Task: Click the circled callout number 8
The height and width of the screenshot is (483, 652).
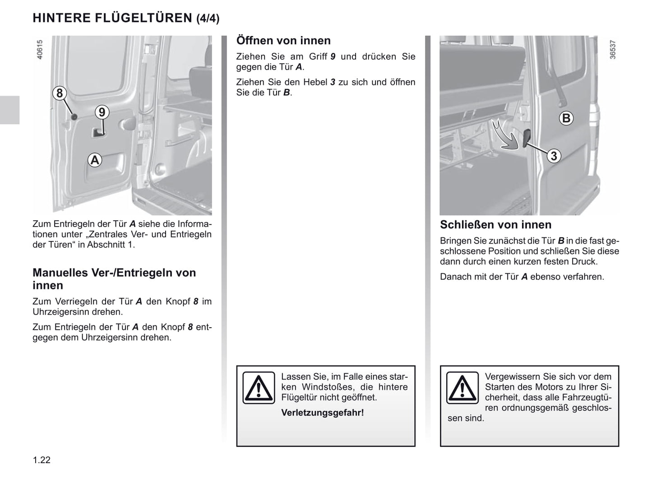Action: [59, 93]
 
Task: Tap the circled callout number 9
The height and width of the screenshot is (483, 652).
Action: [102, 112]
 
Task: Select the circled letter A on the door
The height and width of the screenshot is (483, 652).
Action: [95, 160]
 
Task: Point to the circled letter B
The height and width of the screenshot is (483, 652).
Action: [566, 118]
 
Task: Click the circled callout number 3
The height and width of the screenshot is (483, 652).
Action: [554, 156]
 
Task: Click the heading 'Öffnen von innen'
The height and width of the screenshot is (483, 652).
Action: [283, 41]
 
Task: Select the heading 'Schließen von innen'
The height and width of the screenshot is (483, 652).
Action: [495, 225]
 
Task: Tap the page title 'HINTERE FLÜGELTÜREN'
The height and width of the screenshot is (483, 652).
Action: [112, 18]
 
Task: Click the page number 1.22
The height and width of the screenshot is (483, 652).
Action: [42, 460]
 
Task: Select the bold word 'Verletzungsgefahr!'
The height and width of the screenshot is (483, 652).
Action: [322, 413]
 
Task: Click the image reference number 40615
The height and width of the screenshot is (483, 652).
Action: [40, 49]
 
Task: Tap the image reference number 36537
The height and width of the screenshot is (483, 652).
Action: [612, 49]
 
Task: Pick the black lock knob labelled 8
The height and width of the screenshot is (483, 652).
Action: [74, 117]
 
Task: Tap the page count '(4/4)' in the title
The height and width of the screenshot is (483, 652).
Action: [208, 19]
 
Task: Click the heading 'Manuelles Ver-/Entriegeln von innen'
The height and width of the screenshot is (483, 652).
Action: [114, 279]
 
